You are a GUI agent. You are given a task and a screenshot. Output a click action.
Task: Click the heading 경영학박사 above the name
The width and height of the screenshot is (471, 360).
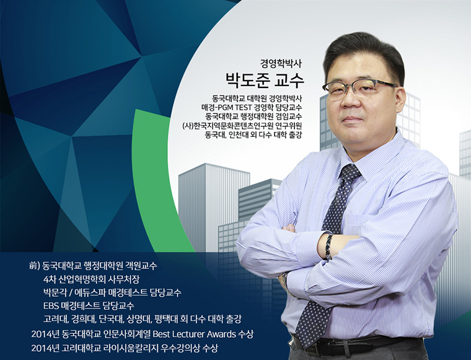pyautogui.click(x=281, y=63)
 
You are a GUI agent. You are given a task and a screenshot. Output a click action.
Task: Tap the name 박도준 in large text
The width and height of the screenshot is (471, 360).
pyautogui.click(x=247, y=81)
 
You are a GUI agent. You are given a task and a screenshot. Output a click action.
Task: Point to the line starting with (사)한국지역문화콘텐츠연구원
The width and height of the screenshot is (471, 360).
pyautogui.click(x=242, y=126)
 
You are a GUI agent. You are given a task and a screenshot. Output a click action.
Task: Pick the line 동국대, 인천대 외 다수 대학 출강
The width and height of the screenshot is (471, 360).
pyautogui.click(x=253, y=135)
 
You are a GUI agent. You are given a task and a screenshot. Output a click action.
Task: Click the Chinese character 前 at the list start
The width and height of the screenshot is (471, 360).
pyautogui.click(x=33, y=266)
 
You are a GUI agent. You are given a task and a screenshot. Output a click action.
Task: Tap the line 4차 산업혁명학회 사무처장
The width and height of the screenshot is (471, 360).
pyautogui.click(x=91, y=279)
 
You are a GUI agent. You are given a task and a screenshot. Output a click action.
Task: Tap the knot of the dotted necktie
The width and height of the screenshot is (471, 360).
pyautogui.click(x=350, y=172)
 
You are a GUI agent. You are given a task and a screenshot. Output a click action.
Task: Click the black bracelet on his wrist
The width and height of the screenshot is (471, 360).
pyautogui.click(x=329, y=247)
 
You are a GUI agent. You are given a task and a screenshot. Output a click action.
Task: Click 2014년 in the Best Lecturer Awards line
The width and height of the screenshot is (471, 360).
pyautogui.click(x=45, y=334)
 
